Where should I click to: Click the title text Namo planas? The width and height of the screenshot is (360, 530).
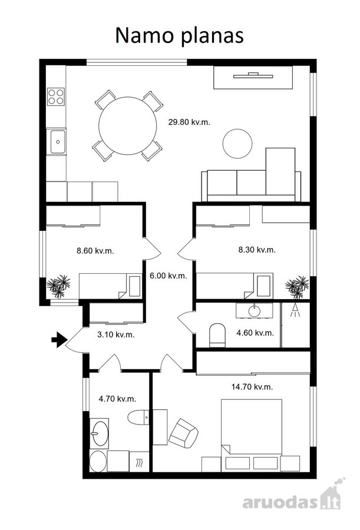pyautogui.click(x=179, y=35)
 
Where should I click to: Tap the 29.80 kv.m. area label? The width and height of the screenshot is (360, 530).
pyautogui.click(x=189, y=122)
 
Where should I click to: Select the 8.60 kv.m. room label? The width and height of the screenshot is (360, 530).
pyautogui.click(x=95, y=251)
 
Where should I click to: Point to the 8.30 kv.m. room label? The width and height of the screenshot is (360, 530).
pyautogui.click(x=257, y=250)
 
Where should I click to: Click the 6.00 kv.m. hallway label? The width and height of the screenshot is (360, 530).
pyautogui.click(x=168, y=276)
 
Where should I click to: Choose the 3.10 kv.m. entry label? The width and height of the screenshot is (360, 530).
pyautogui.click(x=115, y=334)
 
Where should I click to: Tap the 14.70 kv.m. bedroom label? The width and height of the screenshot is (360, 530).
pyautogui.click(x=252, y=387)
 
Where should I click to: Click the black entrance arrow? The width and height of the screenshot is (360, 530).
pyautogui.click(x=58, y=340)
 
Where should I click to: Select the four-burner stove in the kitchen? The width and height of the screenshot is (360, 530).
pyautogui.click(x=56, y=96)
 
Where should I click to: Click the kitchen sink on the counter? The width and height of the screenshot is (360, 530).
pyautogui.click(x=57, y=141)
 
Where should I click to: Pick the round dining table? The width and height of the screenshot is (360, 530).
pyautogui.click(x=128, y=126)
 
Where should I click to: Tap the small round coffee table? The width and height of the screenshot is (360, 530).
pyautogui.click(x=237, y=143)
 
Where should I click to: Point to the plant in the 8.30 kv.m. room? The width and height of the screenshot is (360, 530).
pyautogui.click(x=298, y=287)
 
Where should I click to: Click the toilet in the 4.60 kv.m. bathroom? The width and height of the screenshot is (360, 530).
pyautogui.click(x=217, y=335)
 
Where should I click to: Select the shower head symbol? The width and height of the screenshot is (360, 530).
pyautogui.click(x=295, y=310)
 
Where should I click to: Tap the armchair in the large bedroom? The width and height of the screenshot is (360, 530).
pyautogui.click(x=183, y=432)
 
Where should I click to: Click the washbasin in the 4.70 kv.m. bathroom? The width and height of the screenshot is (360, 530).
pyautogui.click(x=100, y=433)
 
